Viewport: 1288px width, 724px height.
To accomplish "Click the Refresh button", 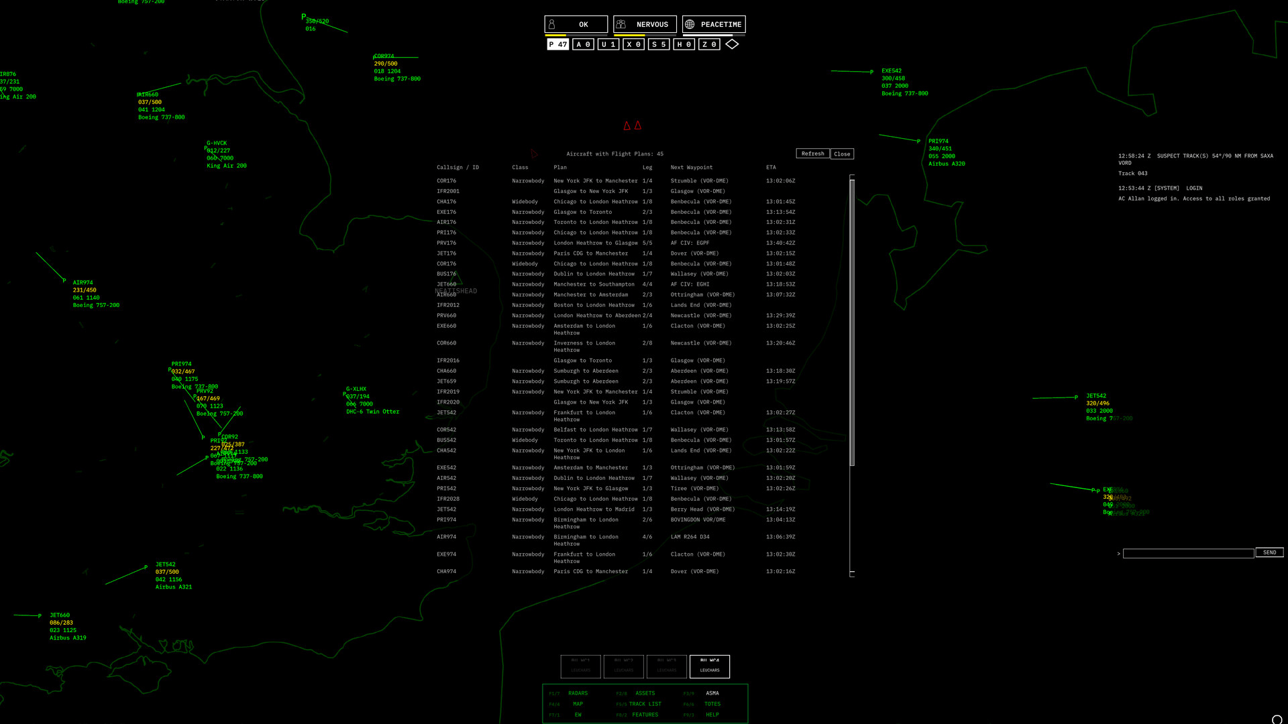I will click(812, 154).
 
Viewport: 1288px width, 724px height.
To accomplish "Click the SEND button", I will click(1269, 552).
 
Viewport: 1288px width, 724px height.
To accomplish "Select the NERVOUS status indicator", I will click(645, 25).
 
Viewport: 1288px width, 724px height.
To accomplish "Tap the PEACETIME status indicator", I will click(714, 25).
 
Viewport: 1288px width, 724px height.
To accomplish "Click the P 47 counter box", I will click(557, 44).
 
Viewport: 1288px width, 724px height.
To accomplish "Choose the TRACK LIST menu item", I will click(645, 704).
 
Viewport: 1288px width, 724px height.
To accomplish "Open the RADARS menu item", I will click(578, 693).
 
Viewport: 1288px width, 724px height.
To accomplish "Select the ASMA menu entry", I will click(712, 693).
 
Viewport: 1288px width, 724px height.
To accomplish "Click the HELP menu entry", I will click(712, 715).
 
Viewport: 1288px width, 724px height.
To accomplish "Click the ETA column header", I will click(771, 168).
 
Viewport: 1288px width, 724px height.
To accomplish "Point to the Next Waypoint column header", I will click(692, 168).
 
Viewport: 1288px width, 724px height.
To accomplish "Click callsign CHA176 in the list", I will click(446, 202).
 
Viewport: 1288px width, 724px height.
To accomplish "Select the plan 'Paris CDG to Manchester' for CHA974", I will click(590, 572).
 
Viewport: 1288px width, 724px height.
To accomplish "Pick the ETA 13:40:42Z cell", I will click(780, 243).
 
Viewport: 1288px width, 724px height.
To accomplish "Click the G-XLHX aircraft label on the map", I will click(356, 389).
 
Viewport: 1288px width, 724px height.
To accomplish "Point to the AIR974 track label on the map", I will click(83, 283).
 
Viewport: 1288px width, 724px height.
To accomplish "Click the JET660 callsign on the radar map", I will click(60, 615).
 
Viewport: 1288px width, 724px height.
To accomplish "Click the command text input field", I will click(1188, 553).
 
